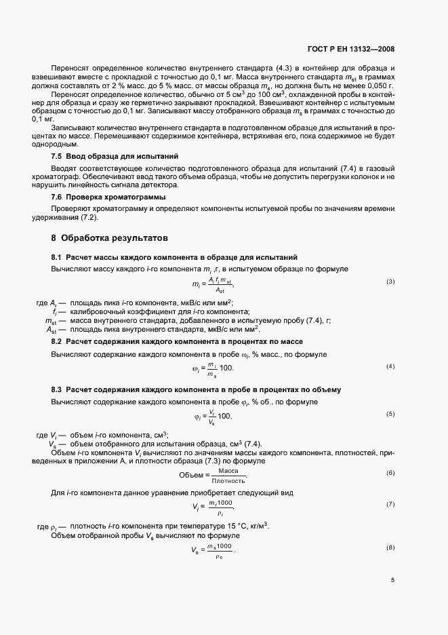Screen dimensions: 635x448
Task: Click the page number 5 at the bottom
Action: [x=393, y=580]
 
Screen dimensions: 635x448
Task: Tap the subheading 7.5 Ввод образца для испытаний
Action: [x=101, y=156]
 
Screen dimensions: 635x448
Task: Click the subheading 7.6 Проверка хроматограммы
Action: [x=99, y=197]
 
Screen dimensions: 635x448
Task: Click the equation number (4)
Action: [x=390, y=366]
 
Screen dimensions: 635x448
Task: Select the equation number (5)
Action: [x=390, y=414]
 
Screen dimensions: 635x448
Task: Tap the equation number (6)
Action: [x=390, y=472]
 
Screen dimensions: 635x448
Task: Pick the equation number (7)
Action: [x=390, y=504]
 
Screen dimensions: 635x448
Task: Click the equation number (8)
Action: [x=390, y=547]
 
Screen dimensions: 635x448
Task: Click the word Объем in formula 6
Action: [x=190, y=475]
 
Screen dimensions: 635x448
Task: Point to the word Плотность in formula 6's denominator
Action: [x=229, y=480]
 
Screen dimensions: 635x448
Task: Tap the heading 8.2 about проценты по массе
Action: [x=177, y=341]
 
